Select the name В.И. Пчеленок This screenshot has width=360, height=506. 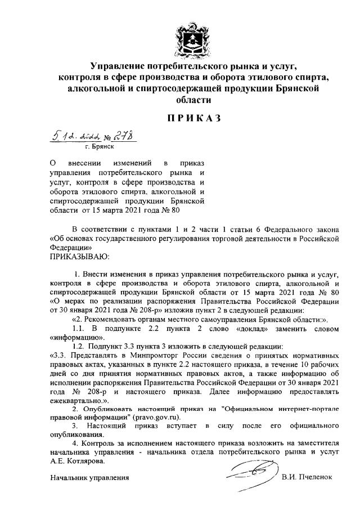pyautogui.click(x=307, y=477)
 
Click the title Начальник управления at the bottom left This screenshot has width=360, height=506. pyautogui.click(x=89, y=478)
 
